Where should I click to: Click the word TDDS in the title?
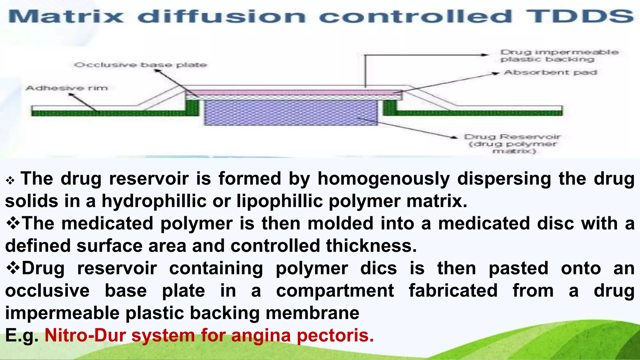click(x=580, y=16)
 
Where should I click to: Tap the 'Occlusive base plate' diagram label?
click(x=141, y=65)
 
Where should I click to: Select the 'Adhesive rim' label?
click(x=67, y=88)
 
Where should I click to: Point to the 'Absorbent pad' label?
click(x=550, y=72)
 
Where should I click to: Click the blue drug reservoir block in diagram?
click(x=291, y=112)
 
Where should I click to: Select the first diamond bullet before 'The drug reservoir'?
click(x=10, y=180)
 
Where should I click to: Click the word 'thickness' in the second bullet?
click(x=371, y=246)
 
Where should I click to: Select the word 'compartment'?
click(x=335, y=291)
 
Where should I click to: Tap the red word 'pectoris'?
click(x=335, y=335)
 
